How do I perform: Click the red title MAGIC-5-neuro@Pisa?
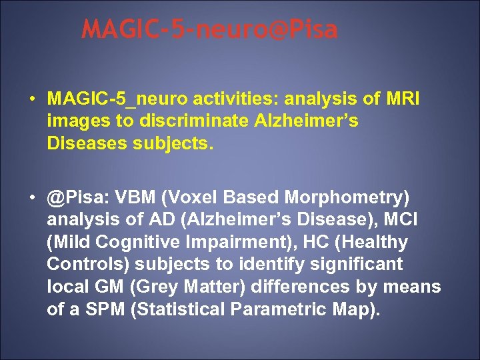210,30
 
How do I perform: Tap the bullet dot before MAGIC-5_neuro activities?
32,99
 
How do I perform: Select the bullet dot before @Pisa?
32,198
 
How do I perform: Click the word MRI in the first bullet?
402,99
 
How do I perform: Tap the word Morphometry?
347,198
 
